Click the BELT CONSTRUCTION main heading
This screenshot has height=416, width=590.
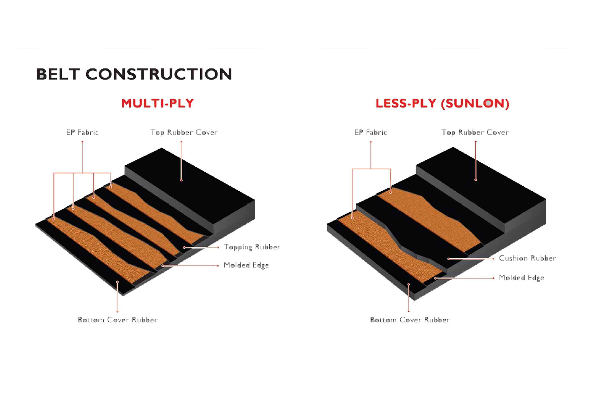[134, 74]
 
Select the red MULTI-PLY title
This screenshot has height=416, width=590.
[157, 103]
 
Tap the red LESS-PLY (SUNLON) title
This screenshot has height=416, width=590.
[442, 103]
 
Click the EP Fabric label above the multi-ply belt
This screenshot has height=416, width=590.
[83, 132]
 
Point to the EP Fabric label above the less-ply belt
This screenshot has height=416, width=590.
[371, 132]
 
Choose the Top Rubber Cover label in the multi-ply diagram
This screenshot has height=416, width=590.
[184, 132]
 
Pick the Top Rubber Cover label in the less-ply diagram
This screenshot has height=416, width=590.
[475, 132]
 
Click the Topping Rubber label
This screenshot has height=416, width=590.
[252, 247]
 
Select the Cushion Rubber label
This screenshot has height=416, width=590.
[527, 258]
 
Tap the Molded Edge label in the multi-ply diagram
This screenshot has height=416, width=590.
[246, 265]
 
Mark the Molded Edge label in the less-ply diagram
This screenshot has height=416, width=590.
[521, 278]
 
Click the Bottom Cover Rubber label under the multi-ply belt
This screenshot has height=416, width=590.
[118, 320]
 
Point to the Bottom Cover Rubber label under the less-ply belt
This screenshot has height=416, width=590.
[410, 320]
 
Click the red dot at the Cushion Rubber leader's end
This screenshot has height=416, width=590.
[448, 259]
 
